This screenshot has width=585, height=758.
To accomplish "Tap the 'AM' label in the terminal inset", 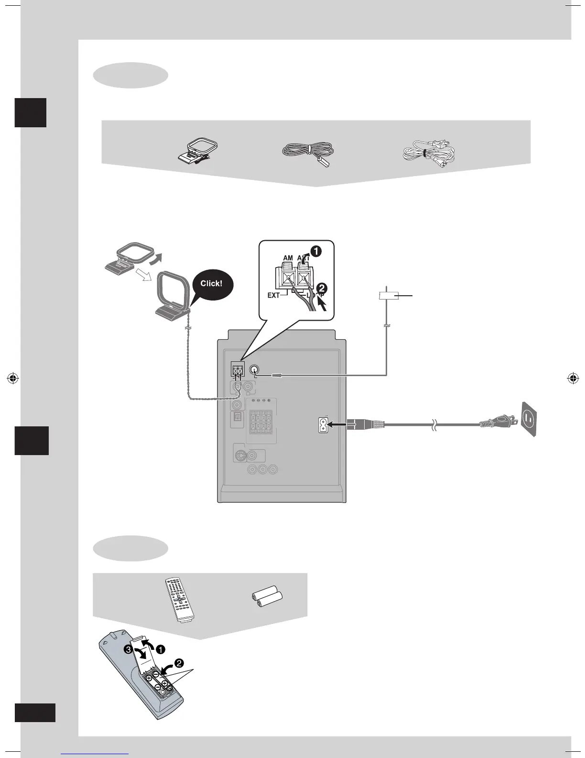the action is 288,257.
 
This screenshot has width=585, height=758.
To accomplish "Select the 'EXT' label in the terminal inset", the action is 273,295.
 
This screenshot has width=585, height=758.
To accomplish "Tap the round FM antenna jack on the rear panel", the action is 254,369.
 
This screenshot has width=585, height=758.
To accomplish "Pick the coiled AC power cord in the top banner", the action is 429,154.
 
